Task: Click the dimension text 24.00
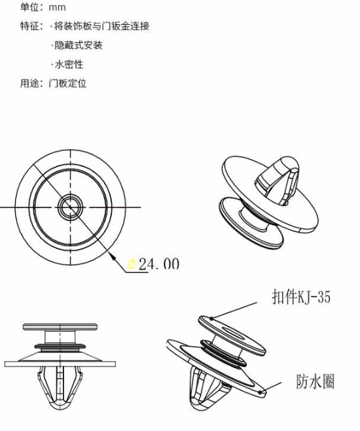[159, 264]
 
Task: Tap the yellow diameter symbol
[132, 264]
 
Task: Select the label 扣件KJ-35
[301, 296]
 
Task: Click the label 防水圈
[315, 381]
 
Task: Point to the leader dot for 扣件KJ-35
[211, 319]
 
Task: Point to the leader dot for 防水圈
[260, 392]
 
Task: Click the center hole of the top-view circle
[70, 207]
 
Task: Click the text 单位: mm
[43, 7]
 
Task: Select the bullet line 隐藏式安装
[77, 45]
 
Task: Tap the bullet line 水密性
[67, 64]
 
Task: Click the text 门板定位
[67, 83]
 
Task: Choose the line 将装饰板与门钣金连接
[100, 26]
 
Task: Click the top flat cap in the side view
[60, 327]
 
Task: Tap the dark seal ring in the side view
[60, 346]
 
